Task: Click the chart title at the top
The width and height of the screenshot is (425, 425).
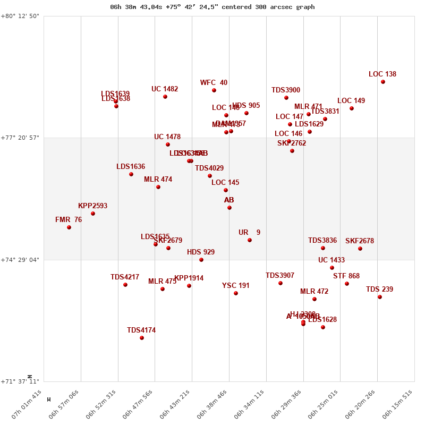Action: coord(212,7)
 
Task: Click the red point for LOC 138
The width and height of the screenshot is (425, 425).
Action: coord(383,82)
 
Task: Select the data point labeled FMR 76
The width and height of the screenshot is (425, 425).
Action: coord(69,227)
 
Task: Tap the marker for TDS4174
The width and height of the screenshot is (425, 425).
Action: coord(142,338)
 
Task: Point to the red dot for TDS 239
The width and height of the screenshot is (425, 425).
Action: coord(380,297)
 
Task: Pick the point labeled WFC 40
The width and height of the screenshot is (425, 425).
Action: coord(214,90)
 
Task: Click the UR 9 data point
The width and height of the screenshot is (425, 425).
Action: coord(250,240)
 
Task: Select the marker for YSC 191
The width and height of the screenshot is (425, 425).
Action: coord(236,293)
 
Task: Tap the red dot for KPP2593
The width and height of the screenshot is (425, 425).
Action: coord(93,214)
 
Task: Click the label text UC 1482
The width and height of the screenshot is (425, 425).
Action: coord(165,89)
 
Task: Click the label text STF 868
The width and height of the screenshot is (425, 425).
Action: coord(346,276)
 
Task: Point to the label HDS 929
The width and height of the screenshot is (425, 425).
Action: coord(201,252)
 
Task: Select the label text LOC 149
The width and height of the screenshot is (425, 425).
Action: coord(351,101)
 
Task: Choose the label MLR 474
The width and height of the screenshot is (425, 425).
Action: coord(158,180)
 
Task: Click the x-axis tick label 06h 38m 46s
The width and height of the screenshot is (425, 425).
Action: coord(216,404)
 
